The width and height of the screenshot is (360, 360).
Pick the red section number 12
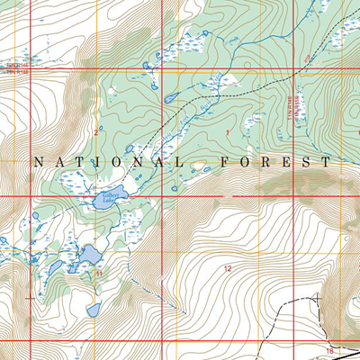pos(228,269)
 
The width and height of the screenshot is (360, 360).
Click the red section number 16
pos(330,349)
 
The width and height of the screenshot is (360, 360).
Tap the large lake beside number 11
pos(88,257)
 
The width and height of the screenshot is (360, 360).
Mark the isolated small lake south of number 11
pos(94,310)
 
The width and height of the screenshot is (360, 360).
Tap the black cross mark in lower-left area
pos(33,296)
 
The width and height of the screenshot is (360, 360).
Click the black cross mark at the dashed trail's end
pos(317,296)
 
